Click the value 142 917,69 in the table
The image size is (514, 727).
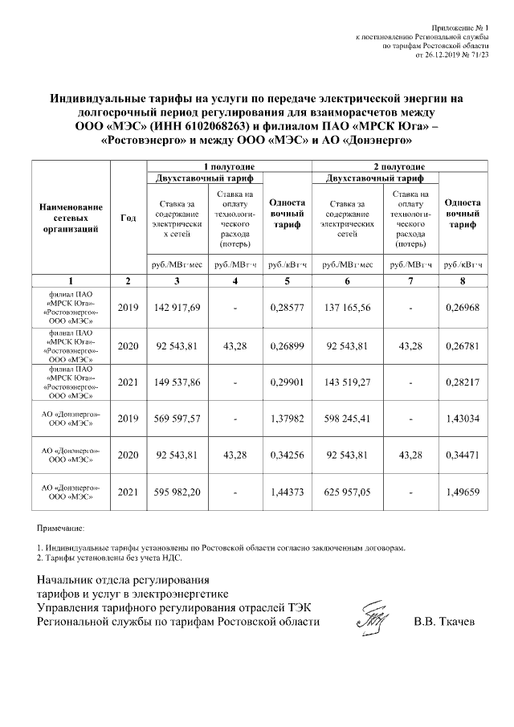point(174,308)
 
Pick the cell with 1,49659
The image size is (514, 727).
point(463,492)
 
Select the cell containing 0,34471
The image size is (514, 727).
point(463,455)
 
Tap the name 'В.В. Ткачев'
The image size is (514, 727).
point(444,622)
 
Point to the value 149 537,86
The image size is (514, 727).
point(174,382)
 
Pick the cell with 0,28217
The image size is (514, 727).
point(463,382)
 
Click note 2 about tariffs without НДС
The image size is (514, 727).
point(110,556)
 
